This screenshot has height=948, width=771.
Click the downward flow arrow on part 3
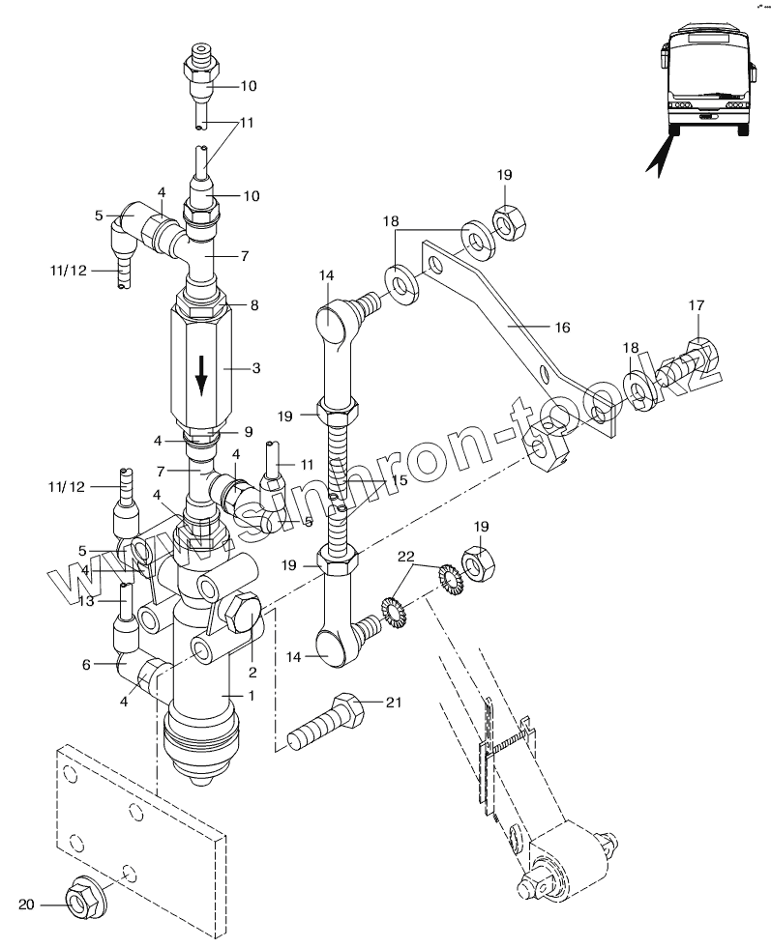click(201, 375)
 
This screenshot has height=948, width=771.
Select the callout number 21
click(394, 702)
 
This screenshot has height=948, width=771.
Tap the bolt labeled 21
click(326, 723)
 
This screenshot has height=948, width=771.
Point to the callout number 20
click(27, 905)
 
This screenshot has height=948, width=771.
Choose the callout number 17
click(697, 305)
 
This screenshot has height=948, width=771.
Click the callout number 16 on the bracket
click(562, 327)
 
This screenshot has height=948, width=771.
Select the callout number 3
click(256, 367)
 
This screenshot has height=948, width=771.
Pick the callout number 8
click(254, 305)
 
